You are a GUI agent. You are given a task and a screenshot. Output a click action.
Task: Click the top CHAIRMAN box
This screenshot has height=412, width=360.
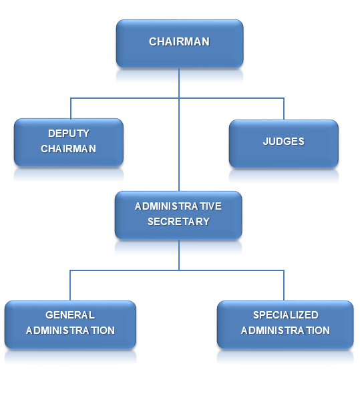(x=180, y=44)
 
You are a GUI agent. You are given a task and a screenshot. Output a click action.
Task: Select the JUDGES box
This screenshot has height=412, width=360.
(x=284, y=144)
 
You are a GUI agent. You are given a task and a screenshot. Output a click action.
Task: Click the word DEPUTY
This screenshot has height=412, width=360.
(x=69, y=134)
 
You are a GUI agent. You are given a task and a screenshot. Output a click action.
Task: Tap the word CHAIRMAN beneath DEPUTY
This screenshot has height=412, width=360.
(x=69, y=149)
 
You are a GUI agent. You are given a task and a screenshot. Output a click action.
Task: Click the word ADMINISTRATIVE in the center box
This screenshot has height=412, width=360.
(x=178, y=206)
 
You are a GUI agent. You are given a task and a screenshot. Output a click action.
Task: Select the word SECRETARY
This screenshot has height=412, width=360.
(x=179, y=222)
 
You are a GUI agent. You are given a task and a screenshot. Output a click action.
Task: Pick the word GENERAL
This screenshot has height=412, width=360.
(x=70, y=315)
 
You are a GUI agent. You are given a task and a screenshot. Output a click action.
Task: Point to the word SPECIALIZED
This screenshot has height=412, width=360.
(x=286, y=315)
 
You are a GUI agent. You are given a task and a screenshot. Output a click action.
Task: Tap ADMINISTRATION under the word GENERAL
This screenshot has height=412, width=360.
(x=70, y=331)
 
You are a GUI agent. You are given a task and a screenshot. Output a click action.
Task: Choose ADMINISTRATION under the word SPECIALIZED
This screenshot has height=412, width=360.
(x=285, y=331)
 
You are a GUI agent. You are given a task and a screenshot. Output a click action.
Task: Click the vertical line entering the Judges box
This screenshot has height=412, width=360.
(x=284, y=109)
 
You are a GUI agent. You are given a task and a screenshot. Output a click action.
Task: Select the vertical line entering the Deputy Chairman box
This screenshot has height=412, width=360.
(x=71, y=109)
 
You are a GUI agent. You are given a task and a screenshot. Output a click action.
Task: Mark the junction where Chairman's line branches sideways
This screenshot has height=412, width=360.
(x=179, y=98)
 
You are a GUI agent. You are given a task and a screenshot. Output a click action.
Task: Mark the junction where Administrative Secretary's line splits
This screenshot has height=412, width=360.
(x=179, y=270)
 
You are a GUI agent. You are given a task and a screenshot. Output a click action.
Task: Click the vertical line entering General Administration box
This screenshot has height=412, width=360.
(x=70, y=285)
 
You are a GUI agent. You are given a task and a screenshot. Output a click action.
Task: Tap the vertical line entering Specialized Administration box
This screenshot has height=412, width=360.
(x=284, y=285)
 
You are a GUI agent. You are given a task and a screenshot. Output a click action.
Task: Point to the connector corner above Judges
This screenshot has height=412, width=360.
(x=284, y=98)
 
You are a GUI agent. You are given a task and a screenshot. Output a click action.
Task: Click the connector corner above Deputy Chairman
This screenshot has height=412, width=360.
(x=71, y=98)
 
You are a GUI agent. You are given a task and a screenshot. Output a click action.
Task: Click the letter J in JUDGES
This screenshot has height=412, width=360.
(x=266, y=142)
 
